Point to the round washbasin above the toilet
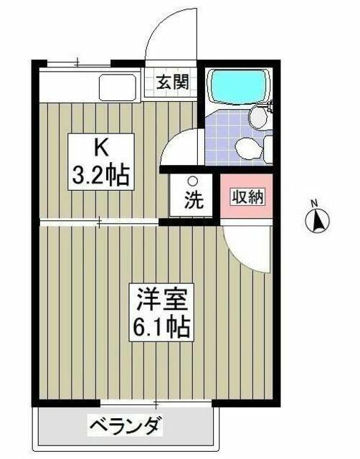258,116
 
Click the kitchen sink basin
118,87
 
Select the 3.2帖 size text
101,175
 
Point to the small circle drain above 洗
192,181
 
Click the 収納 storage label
248,197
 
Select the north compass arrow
317,222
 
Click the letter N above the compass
314,202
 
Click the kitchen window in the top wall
79,63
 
